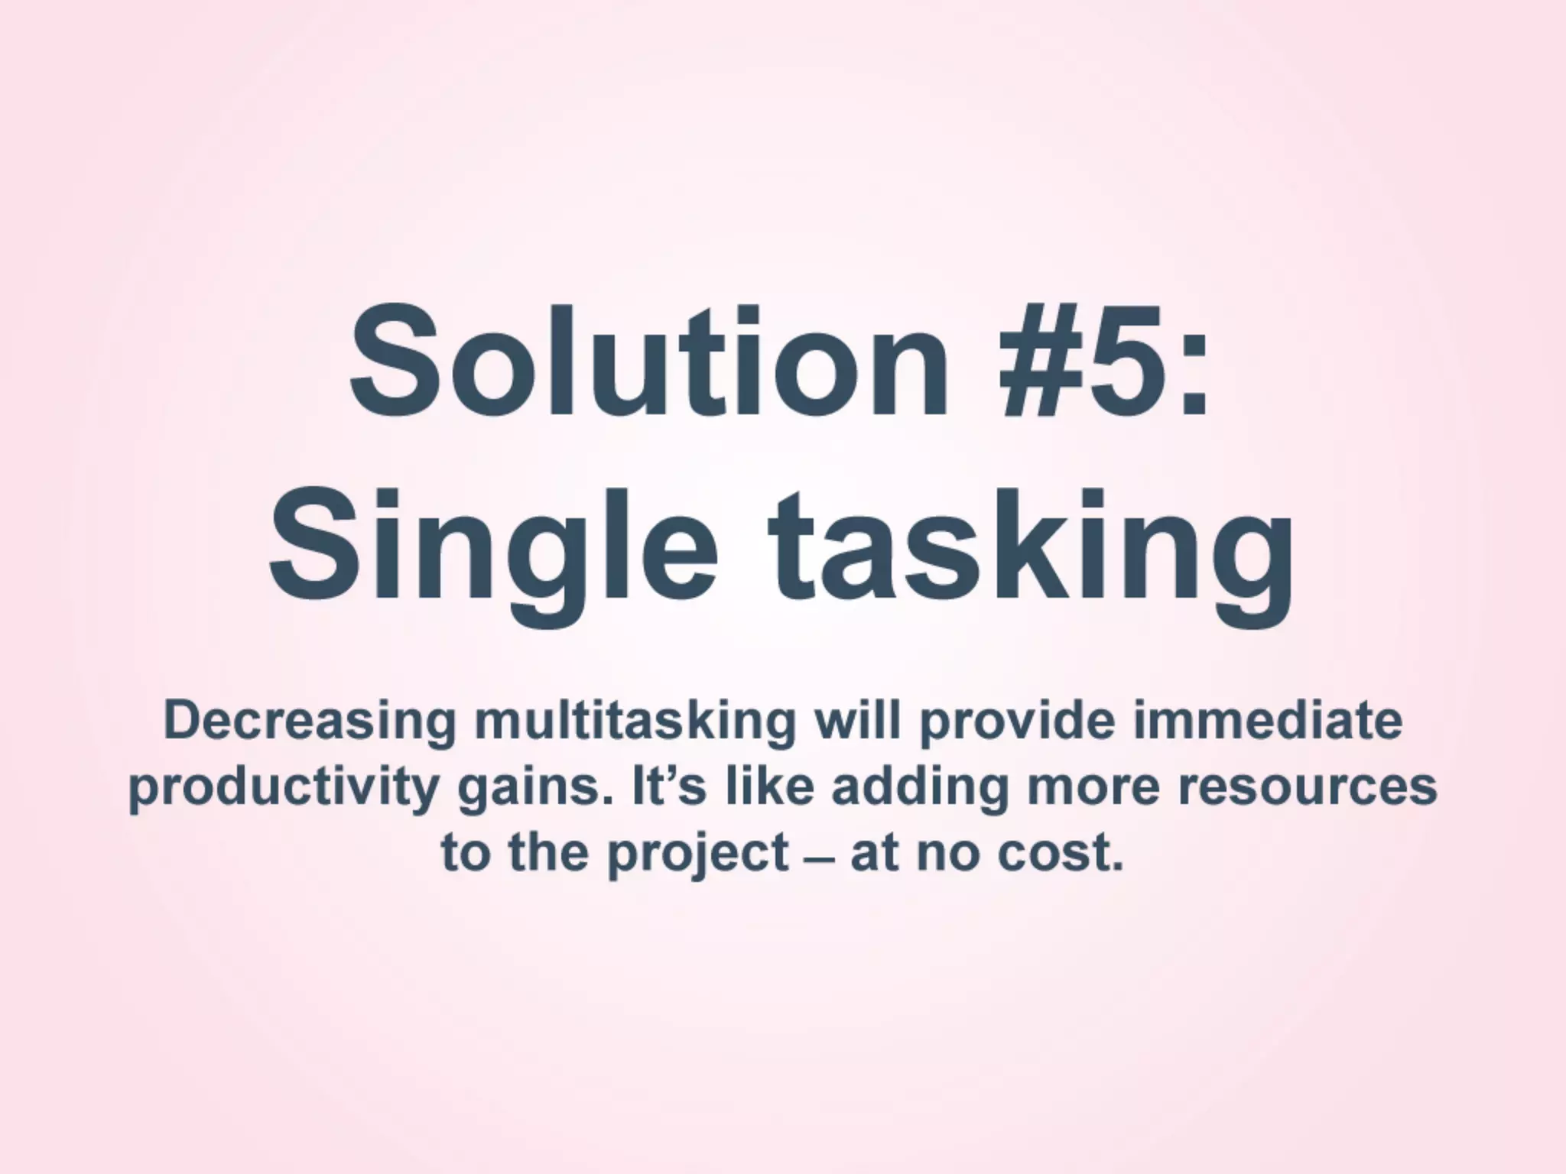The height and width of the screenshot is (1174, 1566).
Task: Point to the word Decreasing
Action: pyautogui.click(x=309, y=722)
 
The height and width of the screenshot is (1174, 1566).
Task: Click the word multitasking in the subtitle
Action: pyautogui.click(x=635, y=722)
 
